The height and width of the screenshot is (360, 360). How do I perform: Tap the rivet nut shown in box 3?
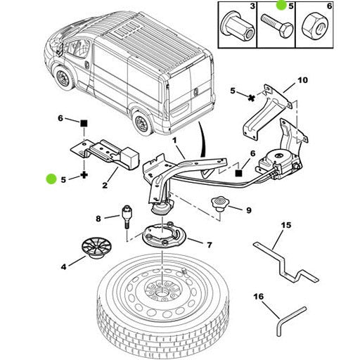[x=238, y=26]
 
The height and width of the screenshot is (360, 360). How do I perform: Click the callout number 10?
[x=302, y=80]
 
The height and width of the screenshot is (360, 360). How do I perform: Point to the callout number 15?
[x=286, y=225]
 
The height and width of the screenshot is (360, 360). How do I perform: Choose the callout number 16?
[x=259, y=297]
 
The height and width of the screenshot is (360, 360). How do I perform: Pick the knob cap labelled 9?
[x=219, y=203]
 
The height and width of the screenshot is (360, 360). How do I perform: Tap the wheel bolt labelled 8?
[x=127, y=217]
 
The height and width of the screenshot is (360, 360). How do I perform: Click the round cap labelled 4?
[x=96, y=247]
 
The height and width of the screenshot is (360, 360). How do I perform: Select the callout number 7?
[x=209, y=245]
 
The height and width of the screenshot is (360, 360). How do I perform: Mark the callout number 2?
[x=105, y=185]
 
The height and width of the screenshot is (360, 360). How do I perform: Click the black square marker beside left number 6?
[x=84, y=123]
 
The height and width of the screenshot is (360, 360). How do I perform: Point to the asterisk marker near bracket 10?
[x=251, y=98]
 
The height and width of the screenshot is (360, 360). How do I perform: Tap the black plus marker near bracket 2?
[x=84, y=175]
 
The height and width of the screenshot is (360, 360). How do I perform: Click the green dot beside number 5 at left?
[x=51, y=179]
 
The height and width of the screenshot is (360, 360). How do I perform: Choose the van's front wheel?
[x=63, y=77]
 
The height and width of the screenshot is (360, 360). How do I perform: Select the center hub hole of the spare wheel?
[x=162, y=293]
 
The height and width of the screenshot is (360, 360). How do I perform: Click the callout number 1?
[x=174, y=141]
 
